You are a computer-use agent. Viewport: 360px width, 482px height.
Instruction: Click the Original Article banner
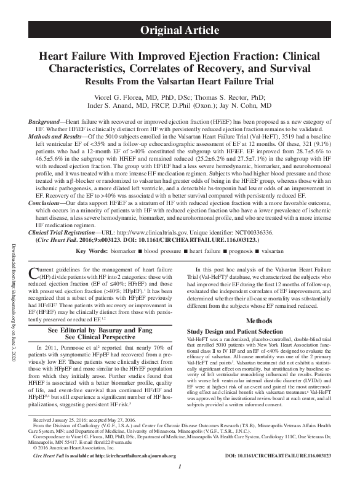pos(179,29)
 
